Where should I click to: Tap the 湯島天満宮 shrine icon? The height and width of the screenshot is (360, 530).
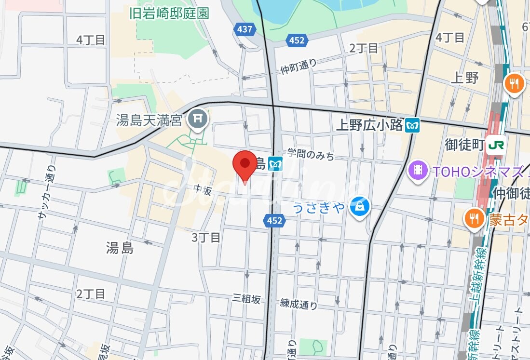click(x=198, y=118)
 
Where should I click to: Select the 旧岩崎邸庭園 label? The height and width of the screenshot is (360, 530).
click(x=169, y=13)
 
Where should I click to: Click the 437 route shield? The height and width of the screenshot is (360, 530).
click(x=245, y=29)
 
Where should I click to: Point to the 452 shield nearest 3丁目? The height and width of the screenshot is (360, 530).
click(x=274, y=221)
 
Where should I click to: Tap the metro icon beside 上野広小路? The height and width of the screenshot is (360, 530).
click(x=413, y=125)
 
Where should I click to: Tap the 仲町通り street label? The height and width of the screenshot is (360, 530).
click(x=299, y=67)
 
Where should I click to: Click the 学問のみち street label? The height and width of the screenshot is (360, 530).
click(x=311, y=154)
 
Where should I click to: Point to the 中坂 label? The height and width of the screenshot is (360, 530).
click(x=204, y=190)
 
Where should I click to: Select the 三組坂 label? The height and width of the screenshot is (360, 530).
click(x=246, y=299)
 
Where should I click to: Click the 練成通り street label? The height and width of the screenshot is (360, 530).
click(x=299, y=304)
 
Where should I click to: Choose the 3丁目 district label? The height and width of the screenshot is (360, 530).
click(x=206, y=237)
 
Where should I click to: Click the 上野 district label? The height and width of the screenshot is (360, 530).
click(x=465, y=77)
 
